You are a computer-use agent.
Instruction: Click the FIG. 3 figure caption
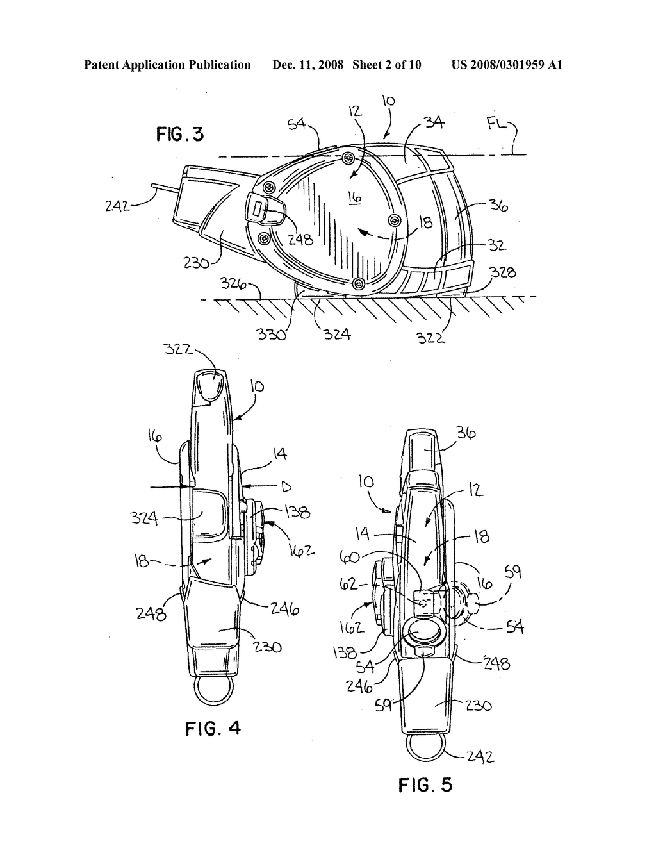[x=180, y=135]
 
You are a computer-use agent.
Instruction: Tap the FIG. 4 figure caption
[x=213, y=728]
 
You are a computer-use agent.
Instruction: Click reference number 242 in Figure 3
[x=117, y=205]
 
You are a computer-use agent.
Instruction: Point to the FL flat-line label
[x=497, y=126]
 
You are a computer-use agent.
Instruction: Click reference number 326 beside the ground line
[x=233, y=283]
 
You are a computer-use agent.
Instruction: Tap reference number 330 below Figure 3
[x=271, y=334]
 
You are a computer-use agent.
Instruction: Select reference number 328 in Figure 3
[x=503, y=272]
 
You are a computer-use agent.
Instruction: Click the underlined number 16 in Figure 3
[x=355, y=198]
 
